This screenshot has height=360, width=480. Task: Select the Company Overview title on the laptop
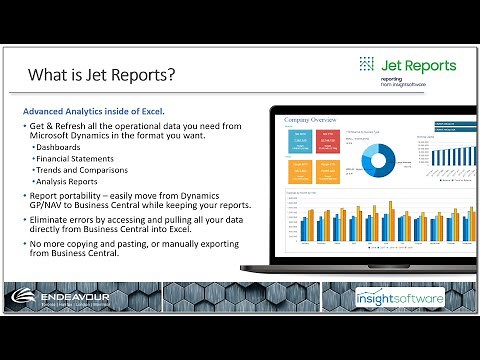tap(309, 119)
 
